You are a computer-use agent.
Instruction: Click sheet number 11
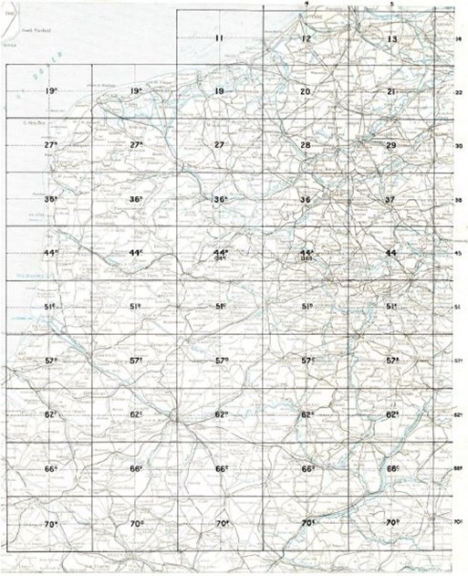tap(219, 38)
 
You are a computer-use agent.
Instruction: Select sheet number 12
tap(306, 39)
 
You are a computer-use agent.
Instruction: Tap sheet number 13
tap(391, 39)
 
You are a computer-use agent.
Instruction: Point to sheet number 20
tap(306, 92)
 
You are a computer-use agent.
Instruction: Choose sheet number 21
tap(391, 92)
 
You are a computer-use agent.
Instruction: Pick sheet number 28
tap(306, 146)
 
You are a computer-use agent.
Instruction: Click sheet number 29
tap(391, 146)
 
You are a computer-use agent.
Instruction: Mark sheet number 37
tap(391, 199)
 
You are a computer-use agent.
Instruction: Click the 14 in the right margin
tap(459, 39)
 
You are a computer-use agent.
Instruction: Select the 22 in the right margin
tap(459, 93)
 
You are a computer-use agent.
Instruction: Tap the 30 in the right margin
tap(459, 146)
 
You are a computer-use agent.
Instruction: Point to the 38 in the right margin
tap(459, 200)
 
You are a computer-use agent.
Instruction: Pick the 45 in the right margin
tap(459, 254)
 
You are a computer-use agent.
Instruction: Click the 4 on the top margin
tap(307, 5)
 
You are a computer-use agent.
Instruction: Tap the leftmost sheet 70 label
tap(51, 524)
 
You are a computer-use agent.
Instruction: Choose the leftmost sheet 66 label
tap(51, 469)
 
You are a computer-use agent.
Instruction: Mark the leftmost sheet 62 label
tap(51, 415)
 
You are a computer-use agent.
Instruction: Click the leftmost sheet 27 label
tap(51, 146)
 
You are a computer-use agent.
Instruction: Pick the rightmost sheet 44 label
tap(391, 253)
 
